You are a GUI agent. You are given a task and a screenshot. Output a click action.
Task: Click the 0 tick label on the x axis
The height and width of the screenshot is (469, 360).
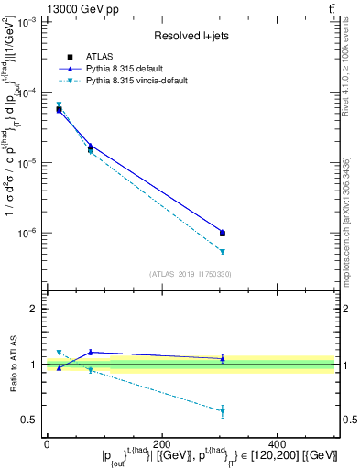click(x=47, y=443)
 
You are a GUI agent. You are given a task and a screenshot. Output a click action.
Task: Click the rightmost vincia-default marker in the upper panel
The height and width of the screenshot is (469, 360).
click(x=223, y=251)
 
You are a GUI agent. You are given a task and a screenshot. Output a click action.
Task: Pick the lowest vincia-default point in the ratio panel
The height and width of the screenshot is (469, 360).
click(x=223, y=410)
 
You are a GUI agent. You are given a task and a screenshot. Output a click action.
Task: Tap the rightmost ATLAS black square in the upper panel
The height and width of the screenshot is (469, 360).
click(x=223, y=233)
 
